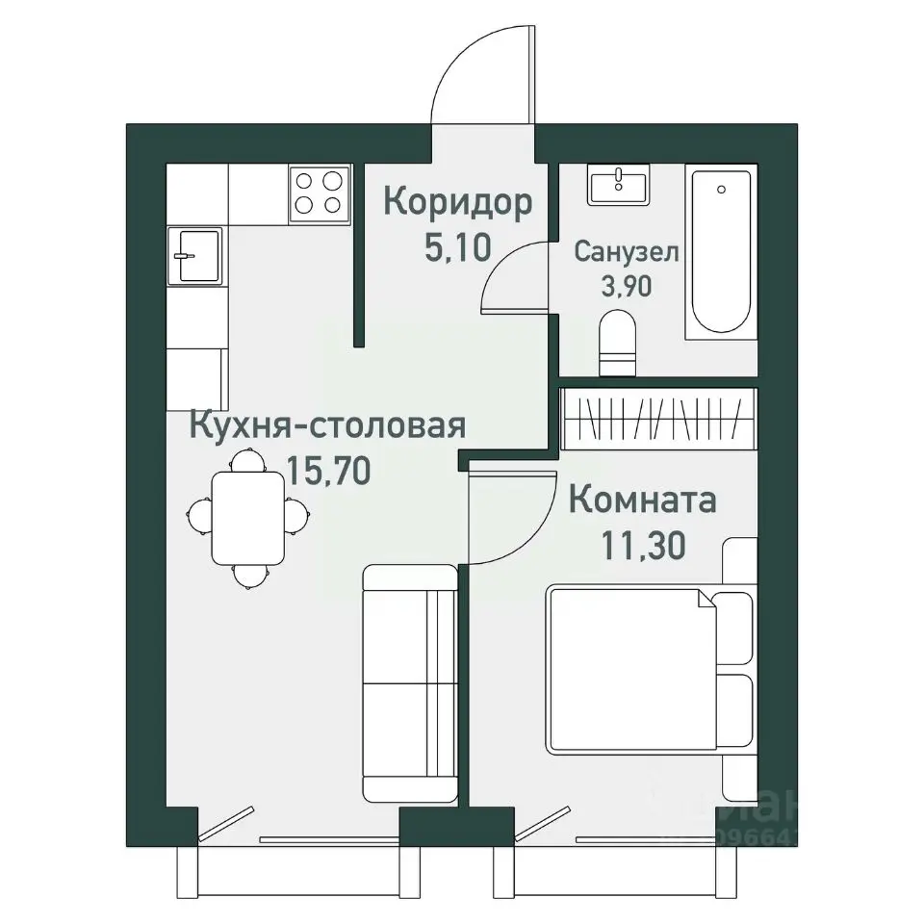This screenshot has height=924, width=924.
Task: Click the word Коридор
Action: coord(457,203)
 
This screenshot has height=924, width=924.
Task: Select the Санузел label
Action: coord(627,252)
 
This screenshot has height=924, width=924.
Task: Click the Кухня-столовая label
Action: coord(328,424)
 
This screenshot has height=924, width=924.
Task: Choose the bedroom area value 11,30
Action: coord(642,547)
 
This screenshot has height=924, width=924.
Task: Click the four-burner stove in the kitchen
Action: coord(319,192)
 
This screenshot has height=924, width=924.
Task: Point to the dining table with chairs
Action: coord(247,518)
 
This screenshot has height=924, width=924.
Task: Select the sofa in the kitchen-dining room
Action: coord(409,683)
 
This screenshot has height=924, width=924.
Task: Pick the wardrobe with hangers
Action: coord(656,418)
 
